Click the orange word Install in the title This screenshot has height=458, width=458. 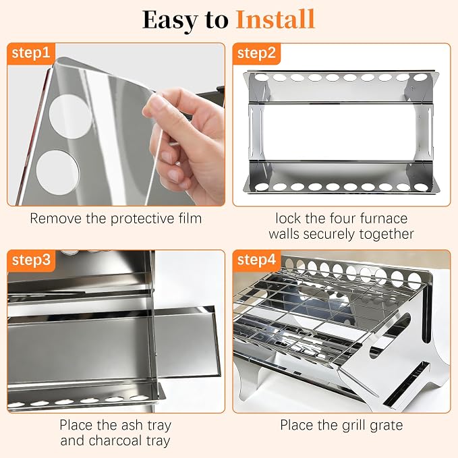(275, 20)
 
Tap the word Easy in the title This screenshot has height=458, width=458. (169, 20)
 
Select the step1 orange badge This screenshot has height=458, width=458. (31, 53)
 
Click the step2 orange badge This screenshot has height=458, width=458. (256, 53)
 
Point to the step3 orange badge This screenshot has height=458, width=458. (31, 260)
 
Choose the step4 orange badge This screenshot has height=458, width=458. (256, 260)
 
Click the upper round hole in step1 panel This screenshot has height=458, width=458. (71, 116)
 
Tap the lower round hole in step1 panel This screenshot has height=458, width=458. (58, 172)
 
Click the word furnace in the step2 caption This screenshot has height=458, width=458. (383, 219)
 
